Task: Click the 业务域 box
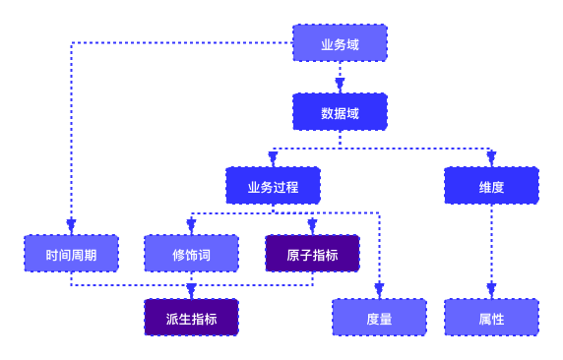(340, 43)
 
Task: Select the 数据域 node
(340, 112)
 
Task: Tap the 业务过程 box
(273, 185)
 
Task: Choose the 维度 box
(491, 185)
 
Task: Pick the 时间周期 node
(71, 254)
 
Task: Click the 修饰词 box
(191, 254)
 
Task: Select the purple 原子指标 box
(312, 254)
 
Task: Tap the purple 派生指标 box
(191, 318)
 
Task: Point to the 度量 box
(379, 318)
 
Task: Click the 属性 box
(491, 318)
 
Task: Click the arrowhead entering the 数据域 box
(340, 86)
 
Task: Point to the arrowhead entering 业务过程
(273, 158)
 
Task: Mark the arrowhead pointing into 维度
(491, 158)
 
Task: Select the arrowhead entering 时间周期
(71, 226)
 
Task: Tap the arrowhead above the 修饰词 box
(191, 226)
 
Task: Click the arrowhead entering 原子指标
(312, 226)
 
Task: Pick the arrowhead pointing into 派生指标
(191, 291)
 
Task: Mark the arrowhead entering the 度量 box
(379, 290)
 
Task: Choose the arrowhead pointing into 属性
(491, 290)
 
